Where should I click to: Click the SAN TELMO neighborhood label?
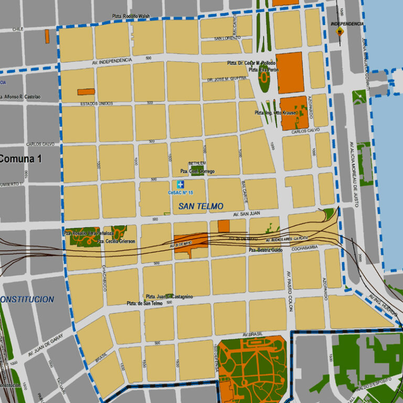[200, 206]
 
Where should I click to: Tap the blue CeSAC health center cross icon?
[180, 184]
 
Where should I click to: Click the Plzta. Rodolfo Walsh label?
[131, 17]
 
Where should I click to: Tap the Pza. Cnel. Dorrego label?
[197, 172]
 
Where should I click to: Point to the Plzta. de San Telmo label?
[144, 303]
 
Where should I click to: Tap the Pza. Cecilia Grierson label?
[116, 241]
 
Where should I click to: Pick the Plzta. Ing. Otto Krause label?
[276, 113]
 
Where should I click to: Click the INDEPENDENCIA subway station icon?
[340, 31]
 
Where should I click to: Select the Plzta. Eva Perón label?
[260, 70]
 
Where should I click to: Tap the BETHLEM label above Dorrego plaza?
[197, 164]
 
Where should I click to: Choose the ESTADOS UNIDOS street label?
[96, 103]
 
